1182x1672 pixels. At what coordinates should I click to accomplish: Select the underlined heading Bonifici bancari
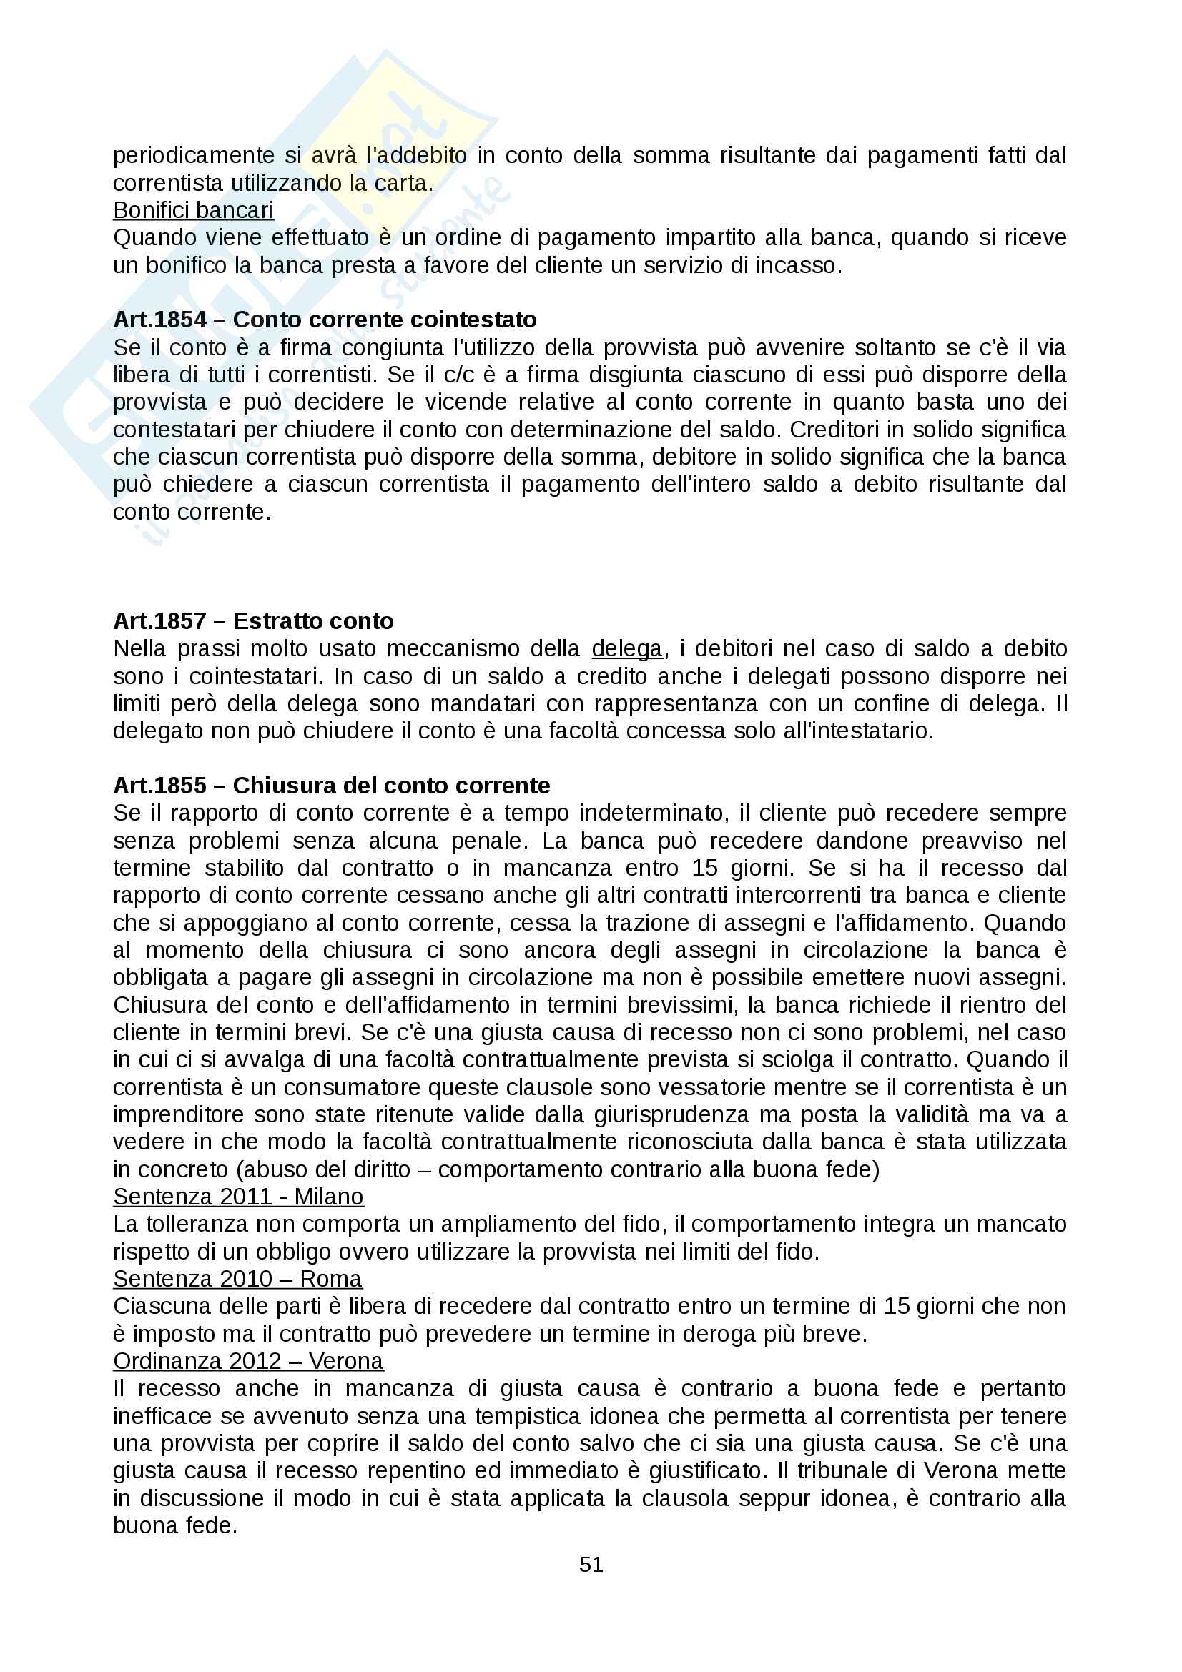pos(193,209)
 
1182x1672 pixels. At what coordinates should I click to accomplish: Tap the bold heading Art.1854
pos(159,319)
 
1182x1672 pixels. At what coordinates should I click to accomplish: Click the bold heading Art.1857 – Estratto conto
pos(252,620)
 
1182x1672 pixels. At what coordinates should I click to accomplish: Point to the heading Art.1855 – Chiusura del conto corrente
pos(331,785)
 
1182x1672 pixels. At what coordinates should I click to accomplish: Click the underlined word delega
pos(626,648)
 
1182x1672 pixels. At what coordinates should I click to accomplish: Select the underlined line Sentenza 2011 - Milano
pos(238,1197)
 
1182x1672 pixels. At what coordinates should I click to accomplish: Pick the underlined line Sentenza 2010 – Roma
pos(237,1279)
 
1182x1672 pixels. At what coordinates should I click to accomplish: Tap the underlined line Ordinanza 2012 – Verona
pos(247,1361)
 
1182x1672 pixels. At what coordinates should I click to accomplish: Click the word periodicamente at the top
pos(193,155)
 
